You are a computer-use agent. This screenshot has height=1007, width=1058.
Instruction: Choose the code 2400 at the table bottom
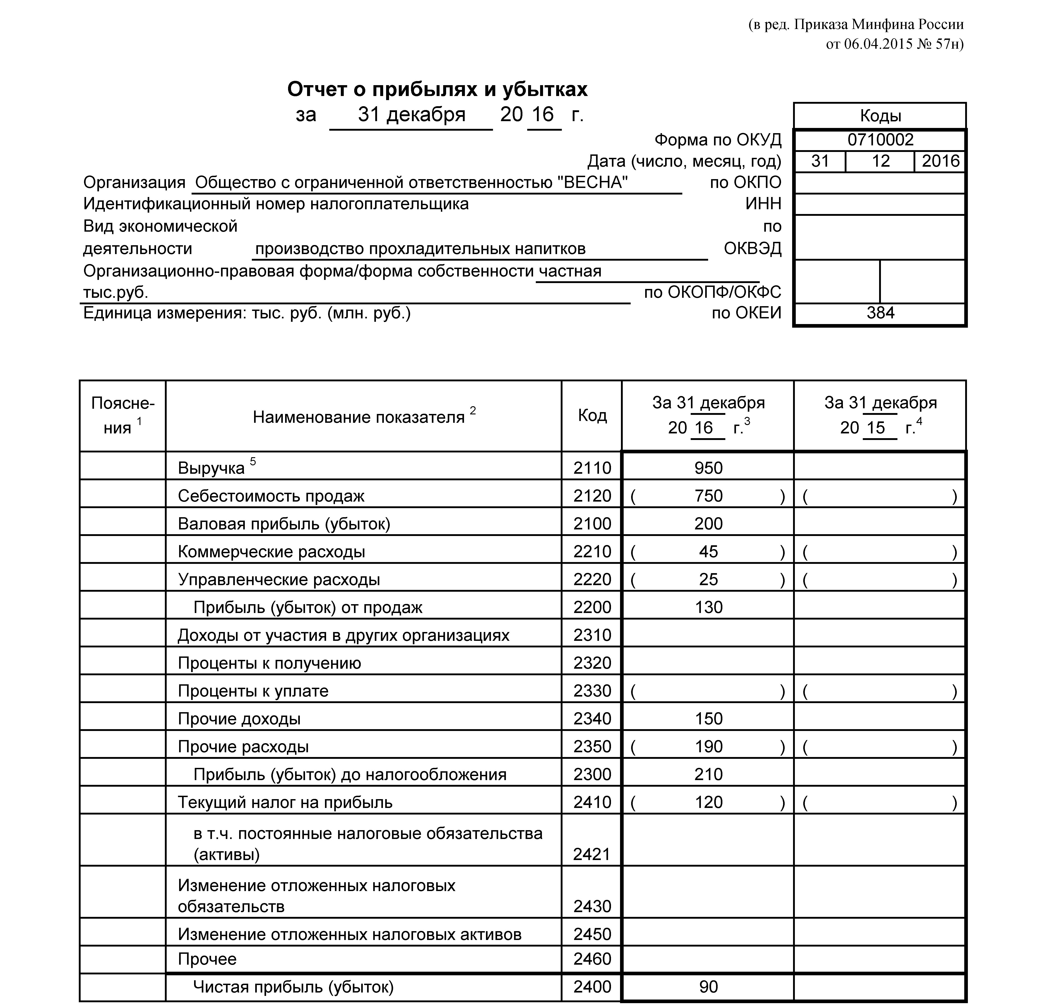592,987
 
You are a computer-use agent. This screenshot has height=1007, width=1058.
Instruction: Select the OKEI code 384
880,313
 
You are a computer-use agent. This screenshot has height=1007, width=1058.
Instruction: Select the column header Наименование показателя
358,417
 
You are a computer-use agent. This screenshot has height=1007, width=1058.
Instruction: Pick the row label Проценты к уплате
253,691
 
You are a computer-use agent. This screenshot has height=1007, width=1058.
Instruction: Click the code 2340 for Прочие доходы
592,719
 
